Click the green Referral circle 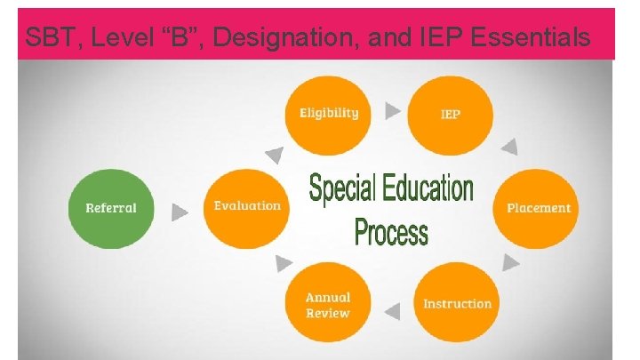point(111,208)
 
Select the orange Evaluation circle point(247,207)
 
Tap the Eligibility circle point(328,114)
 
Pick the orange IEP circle point(451,115)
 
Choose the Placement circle point(538,207)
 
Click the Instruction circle point(457,303)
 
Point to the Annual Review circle point(328,304)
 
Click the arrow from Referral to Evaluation point(180,212)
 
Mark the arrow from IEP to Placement point(509,147)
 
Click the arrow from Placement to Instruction point(511,262)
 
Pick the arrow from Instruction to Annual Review point(392,310)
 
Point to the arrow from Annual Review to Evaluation point(284,263)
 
